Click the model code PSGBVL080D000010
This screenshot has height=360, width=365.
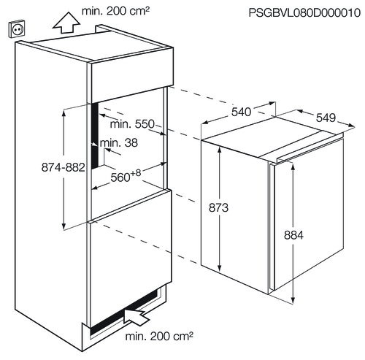click(304, 12)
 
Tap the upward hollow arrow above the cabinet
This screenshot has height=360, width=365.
click(66, 23)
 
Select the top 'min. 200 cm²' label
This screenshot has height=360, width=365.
click(115, 11)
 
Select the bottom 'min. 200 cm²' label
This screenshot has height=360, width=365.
click(159, 337)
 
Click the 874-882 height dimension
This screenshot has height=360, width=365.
click(64, 167)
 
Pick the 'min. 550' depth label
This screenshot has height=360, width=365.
click(132, 124)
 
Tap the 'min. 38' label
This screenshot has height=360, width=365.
click(119, 142)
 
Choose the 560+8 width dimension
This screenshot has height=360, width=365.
click(126, 176)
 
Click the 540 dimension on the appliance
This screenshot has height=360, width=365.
click(241, 112)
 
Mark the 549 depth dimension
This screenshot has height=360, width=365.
click(326, 118)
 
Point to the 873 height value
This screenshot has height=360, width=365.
click(218, 208)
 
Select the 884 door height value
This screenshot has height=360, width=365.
click(293, 235)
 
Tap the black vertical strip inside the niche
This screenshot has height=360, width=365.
click(94, 136)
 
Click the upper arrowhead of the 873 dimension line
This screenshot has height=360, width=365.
click(220, 150)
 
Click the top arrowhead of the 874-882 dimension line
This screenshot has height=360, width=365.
click(64, 112)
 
